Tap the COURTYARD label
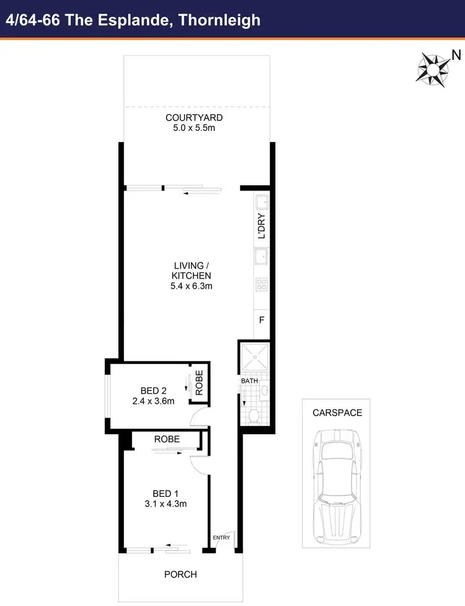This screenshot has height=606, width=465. pyautogui.click(x=194, y=118)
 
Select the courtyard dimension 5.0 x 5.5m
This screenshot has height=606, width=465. pyautogui.click(x=194, y=128)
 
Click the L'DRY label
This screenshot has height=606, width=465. pyautogui.click(x=262, y=226)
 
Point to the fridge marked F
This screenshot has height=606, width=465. pyautogui.click(x=262, y=321)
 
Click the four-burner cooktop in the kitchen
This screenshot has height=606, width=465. pyautogui.click(x=262, y=285)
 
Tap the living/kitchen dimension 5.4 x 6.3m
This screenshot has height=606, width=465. pyautogui.click(x=192, y=286)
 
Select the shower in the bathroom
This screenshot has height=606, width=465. pyautogui.click(x=255, y=355)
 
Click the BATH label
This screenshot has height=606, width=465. pyautogui.click(x=249, y=381)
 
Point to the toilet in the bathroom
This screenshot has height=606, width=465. pyautogui.click(x=254, y=414)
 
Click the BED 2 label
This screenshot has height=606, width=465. pyautogui.click(x=154, y=391)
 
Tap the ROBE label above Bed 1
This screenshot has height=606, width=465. pyautogui.click(x=167, y=439)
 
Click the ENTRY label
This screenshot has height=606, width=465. pyautogui.click(x=221, y=537)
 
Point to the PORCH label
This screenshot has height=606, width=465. pyautogui.click(x=180, y=574)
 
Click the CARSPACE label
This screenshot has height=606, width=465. pyautogui.click(x=337, y=412)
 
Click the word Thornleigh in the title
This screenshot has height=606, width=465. pyautogui.click(x=219, y=20)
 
